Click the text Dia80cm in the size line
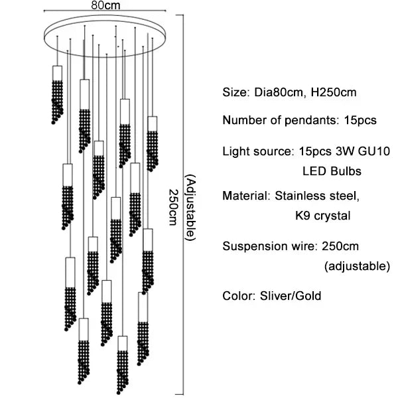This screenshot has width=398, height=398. coord(275,92)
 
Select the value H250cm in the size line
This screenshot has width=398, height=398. coord(325,92)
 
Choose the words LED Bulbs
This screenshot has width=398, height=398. coord(332,171)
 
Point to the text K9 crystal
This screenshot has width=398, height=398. coord(322,216)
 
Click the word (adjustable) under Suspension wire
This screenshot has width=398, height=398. coord(357,267)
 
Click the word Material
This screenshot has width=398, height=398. coord(243,196)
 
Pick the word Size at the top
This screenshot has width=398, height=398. coord(234,92)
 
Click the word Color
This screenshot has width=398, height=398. coord(238,295)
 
